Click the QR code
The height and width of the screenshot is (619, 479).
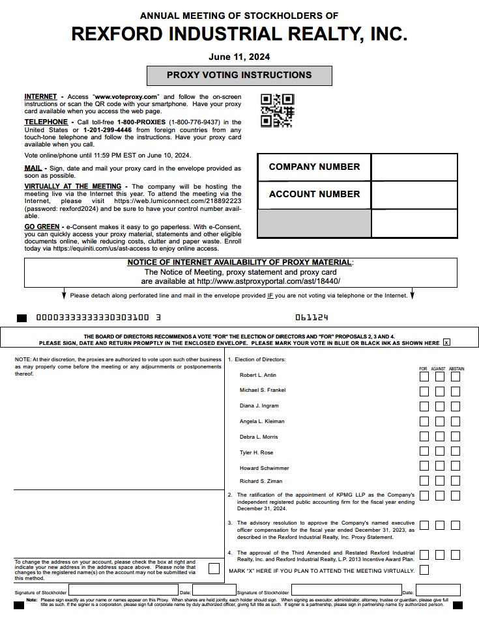pos(277,111)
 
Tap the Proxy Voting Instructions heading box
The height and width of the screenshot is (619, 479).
pos(239,76)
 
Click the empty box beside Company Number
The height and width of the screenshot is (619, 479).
pos(414,167)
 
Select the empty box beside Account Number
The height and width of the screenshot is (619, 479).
pos(414,195)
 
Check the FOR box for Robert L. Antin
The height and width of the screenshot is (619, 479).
pos(424,376)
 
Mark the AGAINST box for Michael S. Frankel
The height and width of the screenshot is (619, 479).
pos(440,391)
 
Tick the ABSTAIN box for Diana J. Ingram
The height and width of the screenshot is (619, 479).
pos(456,406)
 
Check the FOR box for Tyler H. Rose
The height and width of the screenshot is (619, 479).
pos(424,451)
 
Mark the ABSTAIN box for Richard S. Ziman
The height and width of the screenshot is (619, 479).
pos(456,481)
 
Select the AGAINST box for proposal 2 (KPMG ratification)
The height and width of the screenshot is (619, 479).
pos(440,496)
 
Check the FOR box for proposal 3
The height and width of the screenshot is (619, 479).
pos(424,525)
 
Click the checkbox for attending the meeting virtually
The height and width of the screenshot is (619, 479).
pos(424,570)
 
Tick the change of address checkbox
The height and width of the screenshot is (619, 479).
pos(214,568)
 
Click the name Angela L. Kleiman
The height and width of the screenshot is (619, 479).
pos(262,421)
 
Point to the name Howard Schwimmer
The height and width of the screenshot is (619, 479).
pos(264,468)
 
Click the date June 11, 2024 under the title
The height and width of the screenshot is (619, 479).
pos(239,57)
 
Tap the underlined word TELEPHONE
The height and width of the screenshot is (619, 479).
pos(46,122)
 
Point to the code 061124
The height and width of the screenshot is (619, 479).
pos(312,318)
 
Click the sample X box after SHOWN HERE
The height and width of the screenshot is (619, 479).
pos(446,342)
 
